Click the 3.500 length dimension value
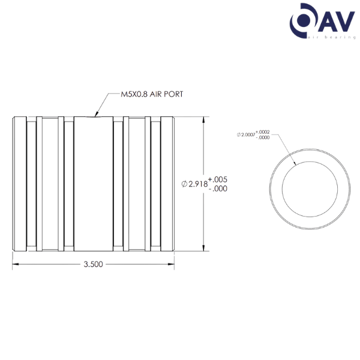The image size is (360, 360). coord(93,264)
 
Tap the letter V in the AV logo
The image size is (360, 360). coord(344,22)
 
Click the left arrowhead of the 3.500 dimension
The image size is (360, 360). coord(15,264)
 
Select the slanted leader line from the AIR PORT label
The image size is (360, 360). coord(101,105)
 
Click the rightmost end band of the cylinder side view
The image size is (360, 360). coord(167,184)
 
